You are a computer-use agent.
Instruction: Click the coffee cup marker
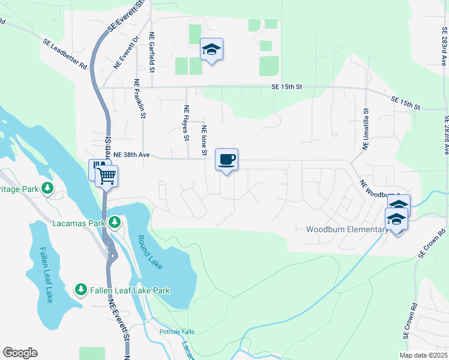(226, 160)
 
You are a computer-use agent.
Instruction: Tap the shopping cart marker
(107, 176)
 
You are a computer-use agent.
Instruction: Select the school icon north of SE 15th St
(211, 49)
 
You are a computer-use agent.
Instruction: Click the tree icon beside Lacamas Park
(115, 223)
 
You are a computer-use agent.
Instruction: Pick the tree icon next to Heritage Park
(47, 188)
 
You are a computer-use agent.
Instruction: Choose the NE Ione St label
(205, 142)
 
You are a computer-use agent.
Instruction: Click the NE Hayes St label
(186, 122)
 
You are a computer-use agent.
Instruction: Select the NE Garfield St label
(152, 53)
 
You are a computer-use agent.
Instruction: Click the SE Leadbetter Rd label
(65, 53)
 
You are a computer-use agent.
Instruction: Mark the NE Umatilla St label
(366, 129)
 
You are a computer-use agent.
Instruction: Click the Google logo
(20, 353)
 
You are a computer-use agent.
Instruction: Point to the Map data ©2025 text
(423, 355)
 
